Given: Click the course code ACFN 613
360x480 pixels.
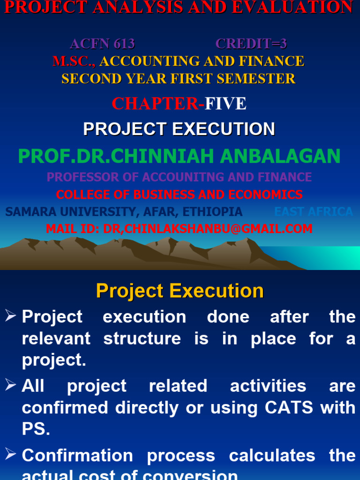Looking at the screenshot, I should point(102,44).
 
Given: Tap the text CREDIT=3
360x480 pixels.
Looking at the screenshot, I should point(251,44).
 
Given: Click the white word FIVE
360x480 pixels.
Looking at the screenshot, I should point(225,104).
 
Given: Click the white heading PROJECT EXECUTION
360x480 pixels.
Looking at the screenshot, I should point(179,129).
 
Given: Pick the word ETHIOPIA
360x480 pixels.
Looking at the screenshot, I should point(212,212).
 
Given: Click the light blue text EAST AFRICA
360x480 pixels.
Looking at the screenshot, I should point(313,212).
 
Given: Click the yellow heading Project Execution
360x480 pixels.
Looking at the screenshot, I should point(180,291).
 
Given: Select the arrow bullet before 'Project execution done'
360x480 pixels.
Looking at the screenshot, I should point(11,316).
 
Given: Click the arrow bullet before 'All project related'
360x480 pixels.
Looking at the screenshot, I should point(11,385).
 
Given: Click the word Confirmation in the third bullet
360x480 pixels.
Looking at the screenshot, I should point(77,455).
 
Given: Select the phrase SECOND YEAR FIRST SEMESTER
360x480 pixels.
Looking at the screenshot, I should point(179,78).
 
